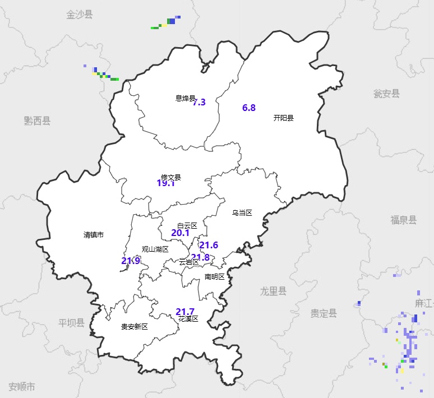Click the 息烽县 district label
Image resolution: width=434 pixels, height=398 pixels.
pos(185,99)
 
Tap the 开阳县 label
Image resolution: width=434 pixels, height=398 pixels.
pos(284,118)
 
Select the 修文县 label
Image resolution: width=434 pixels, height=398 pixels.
pos(171,177)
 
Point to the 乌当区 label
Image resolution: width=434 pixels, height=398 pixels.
pos(242,213)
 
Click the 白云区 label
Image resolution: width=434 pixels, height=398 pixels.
pos(187,225)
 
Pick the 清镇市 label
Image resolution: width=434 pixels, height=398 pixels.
pos(94,235)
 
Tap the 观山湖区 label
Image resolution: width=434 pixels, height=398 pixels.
pos(155,249)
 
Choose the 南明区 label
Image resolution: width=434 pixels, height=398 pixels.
pos(214,276)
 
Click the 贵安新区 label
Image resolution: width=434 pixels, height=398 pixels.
pos(135,327)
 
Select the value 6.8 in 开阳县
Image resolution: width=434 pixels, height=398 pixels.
pos(249,108)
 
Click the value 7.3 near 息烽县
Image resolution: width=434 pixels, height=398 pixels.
pos(200,103)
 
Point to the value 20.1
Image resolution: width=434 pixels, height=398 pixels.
pos(180,233)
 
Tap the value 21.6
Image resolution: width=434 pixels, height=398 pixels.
pos(209,245)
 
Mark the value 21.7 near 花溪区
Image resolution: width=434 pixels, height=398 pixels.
pos(185,312)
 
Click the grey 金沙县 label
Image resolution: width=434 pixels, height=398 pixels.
pos(79,15)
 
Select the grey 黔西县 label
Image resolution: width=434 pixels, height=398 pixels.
pos(37,121)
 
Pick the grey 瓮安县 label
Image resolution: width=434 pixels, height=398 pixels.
pos(387,94)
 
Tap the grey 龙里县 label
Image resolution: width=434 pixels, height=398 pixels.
pos(273,291)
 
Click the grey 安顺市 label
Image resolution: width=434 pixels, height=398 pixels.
pos(22,386)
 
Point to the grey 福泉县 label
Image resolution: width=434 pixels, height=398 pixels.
pos(404,220)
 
